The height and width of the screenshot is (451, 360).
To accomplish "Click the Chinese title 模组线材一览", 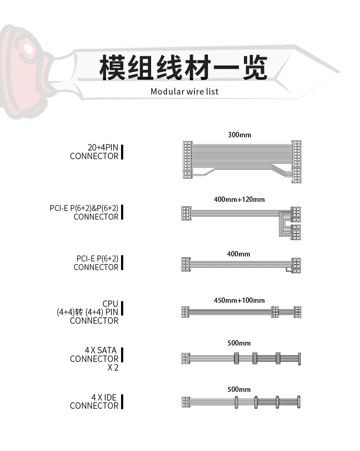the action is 183,68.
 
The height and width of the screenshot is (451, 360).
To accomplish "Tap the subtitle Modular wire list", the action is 184,91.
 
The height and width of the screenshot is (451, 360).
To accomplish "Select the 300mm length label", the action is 239,135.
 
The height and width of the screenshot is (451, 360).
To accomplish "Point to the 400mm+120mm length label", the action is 239,199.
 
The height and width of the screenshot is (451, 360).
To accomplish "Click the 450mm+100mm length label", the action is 239,300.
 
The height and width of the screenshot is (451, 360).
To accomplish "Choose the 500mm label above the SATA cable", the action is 239,343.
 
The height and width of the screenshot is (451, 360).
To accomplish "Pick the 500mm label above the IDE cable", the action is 239,390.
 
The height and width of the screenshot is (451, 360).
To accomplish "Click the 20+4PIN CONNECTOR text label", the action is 94,151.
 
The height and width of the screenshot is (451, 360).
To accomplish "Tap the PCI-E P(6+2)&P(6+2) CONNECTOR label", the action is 84,212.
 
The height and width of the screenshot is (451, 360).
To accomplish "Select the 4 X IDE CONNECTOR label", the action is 94,401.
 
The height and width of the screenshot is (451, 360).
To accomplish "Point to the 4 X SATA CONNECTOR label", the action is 94,359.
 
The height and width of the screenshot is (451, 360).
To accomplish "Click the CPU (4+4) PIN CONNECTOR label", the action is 87,312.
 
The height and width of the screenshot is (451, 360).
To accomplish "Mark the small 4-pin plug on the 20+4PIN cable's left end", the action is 188,175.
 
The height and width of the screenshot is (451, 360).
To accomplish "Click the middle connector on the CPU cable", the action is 275,312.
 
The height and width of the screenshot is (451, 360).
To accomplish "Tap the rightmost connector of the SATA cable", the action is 299,359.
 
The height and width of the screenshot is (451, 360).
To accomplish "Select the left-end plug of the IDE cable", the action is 186,402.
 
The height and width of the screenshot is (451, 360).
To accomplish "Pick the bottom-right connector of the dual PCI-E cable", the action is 296,235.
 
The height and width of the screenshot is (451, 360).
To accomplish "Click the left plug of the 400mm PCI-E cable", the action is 186,264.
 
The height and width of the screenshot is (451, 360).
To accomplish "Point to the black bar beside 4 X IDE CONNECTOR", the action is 122,401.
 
